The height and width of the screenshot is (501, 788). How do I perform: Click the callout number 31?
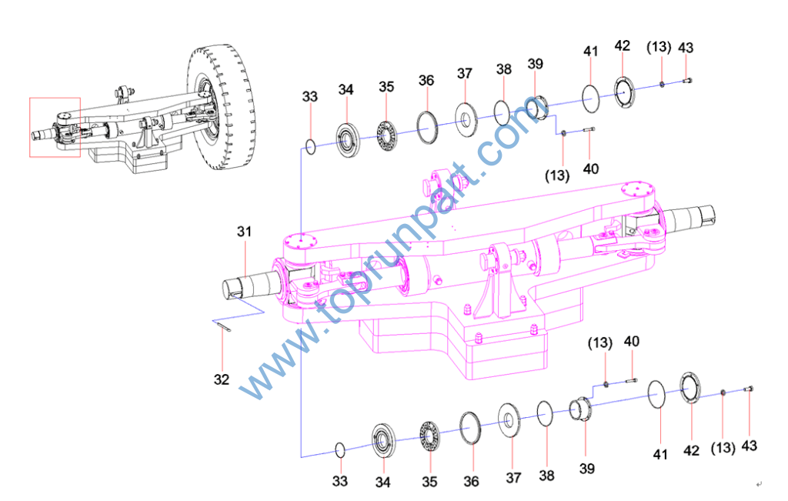click(244, 232)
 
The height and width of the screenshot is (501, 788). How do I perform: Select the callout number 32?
click(222, 379)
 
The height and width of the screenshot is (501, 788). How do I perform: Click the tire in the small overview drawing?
click(221, 108)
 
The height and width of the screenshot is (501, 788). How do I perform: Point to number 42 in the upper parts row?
click(622, 45)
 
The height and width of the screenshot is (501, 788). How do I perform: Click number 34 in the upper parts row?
click(346, 90)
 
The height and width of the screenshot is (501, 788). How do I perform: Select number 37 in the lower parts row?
click(513, 477)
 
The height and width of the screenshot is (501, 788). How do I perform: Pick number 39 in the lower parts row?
click(587, 469)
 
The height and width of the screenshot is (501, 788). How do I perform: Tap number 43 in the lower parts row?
click(750, 446)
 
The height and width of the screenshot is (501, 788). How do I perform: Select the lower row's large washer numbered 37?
click(509, 419)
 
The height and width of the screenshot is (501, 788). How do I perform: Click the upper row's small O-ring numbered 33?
click(311, 147)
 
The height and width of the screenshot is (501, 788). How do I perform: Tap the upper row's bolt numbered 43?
click(687, 80)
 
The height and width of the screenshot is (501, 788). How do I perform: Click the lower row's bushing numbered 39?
click(580, 408)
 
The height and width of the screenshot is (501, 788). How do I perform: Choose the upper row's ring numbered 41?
click(590, 99)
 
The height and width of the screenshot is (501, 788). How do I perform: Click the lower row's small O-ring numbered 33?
click(339, 450)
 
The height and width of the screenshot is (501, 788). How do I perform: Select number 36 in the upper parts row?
click(426, 80)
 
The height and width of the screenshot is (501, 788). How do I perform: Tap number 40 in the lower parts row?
click(632, 342)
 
